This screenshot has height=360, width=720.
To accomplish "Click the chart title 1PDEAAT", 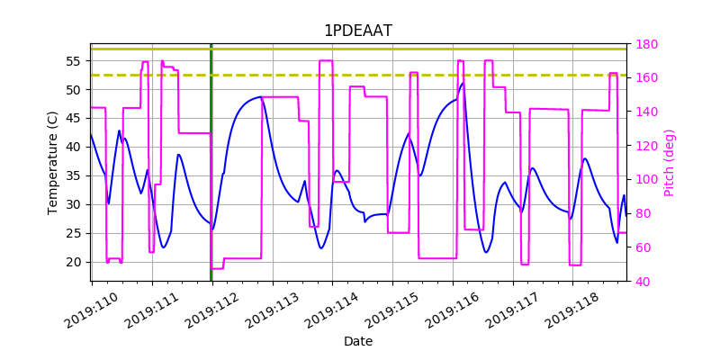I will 358,31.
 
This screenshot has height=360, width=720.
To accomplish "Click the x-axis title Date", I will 358,342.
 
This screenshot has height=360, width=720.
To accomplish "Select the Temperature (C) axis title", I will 53,162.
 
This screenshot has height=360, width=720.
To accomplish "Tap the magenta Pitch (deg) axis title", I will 669,162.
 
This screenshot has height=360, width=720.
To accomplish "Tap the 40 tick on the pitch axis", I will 643,282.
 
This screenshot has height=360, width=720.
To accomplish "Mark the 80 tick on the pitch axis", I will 643,214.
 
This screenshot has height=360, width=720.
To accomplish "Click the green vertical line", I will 211,162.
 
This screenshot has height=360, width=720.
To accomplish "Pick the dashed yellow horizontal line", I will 360,75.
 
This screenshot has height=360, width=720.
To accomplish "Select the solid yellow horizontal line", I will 360,49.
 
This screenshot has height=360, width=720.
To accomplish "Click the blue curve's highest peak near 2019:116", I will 463,84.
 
